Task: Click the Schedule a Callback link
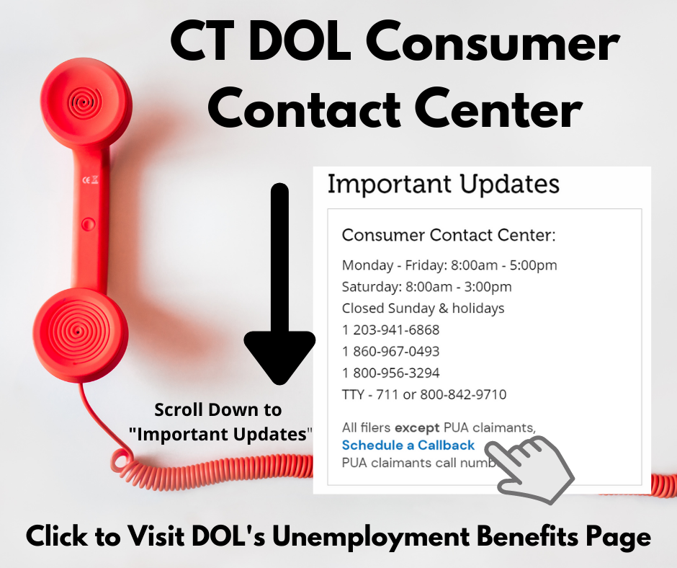[x=408, y=445]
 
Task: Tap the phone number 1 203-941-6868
[x=390, y=330]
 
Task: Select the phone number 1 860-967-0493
[x=390, y=352]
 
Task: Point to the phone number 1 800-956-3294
[x=390, y=373]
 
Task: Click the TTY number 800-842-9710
[x=463, y=394]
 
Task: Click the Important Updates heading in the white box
[x=444, y=185]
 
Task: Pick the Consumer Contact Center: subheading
[x=449, y=235]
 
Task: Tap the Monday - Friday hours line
[x=449, y=265]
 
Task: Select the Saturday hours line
[x=426, y=287]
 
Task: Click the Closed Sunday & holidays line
[x=423, y=309]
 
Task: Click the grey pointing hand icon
[x=529, y=469]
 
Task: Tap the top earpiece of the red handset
[x=86, y=102]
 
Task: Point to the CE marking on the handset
[x=90, y=179]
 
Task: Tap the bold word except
[x=417, y=427]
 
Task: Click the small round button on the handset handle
[x=89, y=224]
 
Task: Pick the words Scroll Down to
[x=218, y=410]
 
